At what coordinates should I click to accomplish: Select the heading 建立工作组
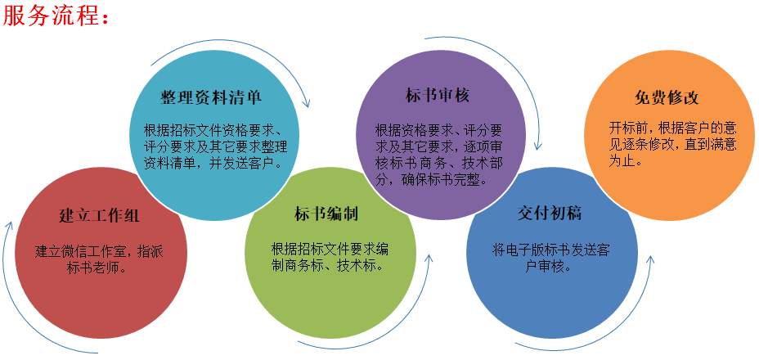pos(100,215)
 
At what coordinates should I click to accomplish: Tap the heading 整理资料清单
pos(211,97)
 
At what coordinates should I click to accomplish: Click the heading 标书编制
pos(326,214)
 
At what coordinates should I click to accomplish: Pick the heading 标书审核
pos(438,95)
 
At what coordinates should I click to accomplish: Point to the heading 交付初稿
pos(550,214)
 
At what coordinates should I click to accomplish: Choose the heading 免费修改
pos(667,97)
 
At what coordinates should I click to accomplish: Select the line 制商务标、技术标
pos(327,265)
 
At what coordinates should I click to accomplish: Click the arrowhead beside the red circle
pos(9,225)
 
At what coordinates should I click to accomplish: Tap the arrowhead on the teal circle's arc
pos(307,103)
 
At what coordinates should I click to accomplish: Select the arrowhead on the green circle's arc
pos(429,258)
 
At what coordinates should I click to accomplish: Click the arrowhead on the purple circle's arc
pos(538,146)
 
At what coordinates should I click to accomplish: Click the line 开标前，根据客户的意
pos(673,128)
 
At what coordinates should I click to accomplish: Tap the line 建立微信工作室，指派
pos(100,252)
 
